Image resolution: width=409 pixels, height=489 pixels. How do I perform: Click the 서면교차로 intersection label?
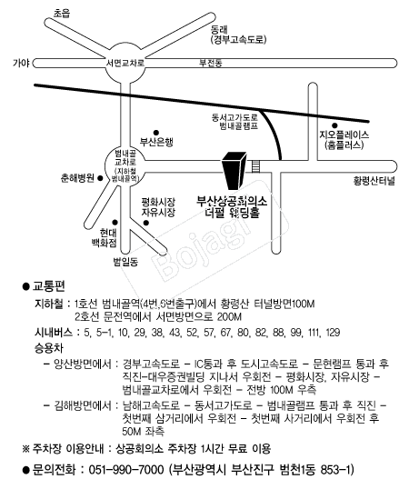(x=125, y=63)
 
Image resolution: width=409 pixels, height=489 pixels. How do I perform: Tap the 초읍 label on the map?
(x=62, y=13)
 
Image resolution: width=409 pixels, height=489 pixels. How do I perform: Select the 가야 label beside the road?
(x=21, y=63)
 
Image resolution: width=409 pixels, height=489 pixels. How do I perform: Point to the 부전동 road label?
(x=211, y=63)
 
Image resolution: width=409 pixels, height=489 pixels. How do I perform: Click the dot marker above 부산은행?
(x=156, y=133)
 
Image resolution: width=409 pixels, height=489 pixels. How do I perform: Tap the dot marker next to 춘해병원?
(x=100, y=178)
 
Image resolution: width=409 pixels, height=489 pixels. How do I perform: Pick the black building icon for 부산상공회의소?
(x=234, y=171)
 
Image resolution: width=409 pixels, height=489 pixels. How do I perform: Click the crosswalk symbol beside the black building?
(x=256, y=166)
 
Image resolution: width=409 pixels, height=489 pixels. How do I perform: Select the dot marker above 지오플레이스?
(x=334, y=125)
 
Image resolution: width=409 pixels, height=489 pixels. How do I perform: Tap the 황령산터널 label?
(x=374, y=181)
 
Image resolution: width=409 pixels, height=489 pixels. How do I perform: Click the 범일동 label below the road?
(x=125, y=262)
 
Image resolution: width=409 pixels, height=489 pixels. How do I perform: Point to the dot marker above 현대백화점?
(x=115, y=222)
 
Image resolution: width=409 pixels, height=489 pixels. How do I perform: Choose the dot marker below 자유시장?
(x=146, y=223)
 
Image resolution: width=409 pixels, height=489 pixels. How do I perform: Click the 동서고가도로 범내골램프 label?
(x=235, y=122)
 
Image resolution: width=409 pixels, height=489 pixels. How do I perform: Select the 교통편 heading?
(x=49, y=286)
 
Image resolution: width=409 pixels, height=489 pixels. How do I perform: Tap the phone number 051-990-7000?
(x=126, y=469)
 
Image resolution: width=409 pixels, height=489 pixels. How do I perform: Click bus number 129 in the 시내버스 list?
(x=333, y=333)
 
